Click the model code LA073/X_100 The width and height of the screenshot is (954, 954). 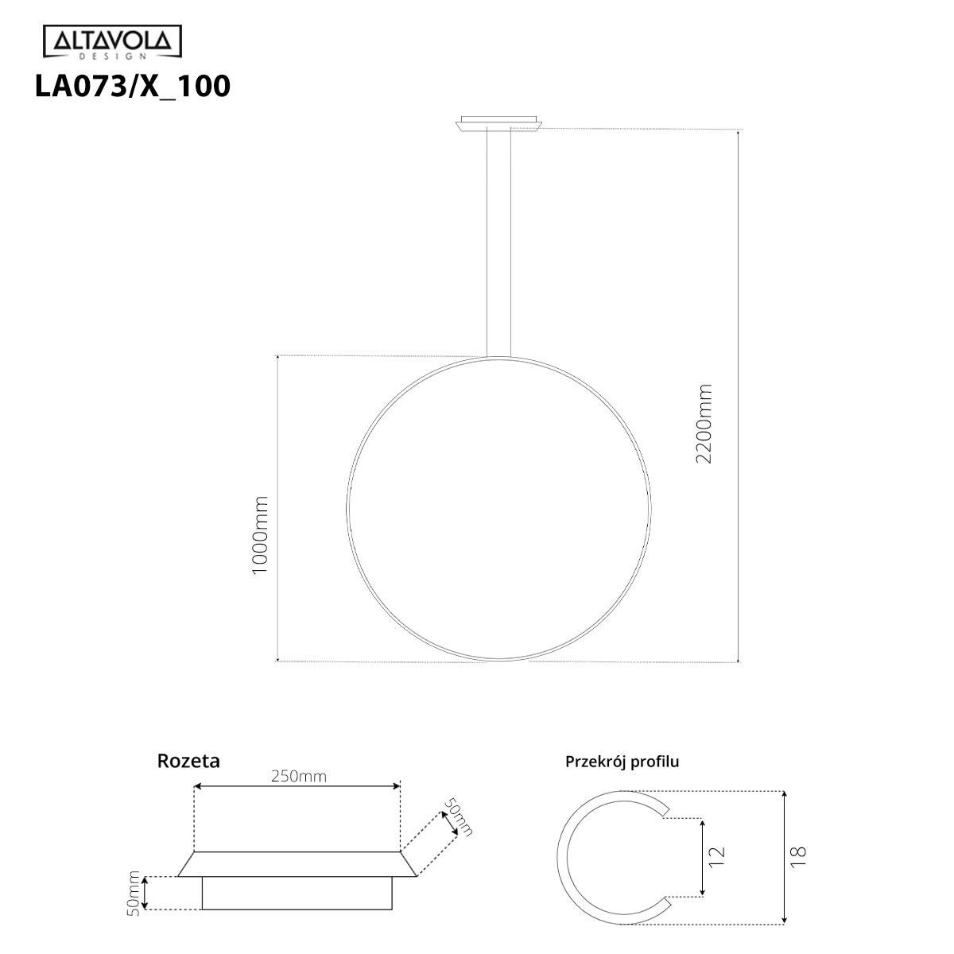pyautogui.click(x=133, y=86)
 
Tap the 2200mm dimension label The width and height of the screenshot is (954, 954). pyautogui.click(x=704, y=424)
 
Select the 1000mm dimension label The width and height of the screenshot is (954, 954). pyautogui.click(x=260, y=536)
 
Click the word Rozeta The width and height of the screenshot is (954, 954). pyautogui.click(x=188, y=761)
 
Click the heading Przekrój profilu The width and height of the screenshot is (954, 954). pyautogui.click(x=622, y=762)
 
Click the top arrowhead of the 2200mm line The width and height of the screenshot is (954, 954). pyautogui.click(x=739, y=133)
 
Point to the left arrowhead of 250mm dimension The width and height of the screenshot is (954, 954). pyautogui.click(x=198, y=786)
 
